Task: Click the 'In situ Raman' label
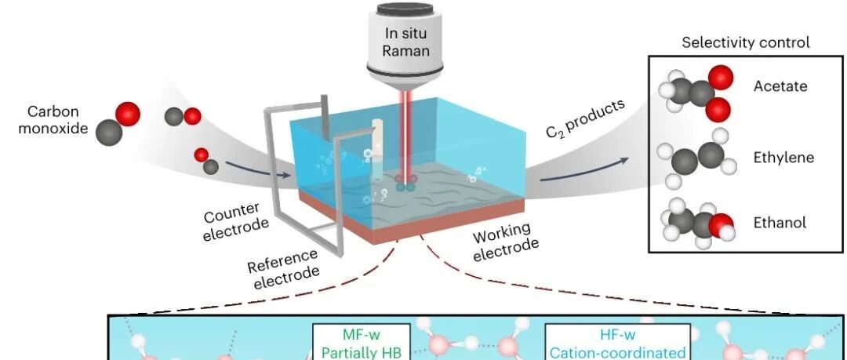click(405, 42)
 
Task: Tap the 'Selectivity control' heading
click(746, 42)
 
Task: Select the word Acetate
click(780, 86)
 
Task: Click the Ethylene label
click(783, 158)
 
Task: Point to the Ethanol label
click(780, 222)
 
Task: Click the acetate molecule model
click(696, 93)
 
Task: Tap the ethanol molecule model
click(698, 222)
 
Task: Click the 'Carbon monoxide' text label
click(53, 120)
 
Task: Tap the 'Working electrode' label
click(505, 242)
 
